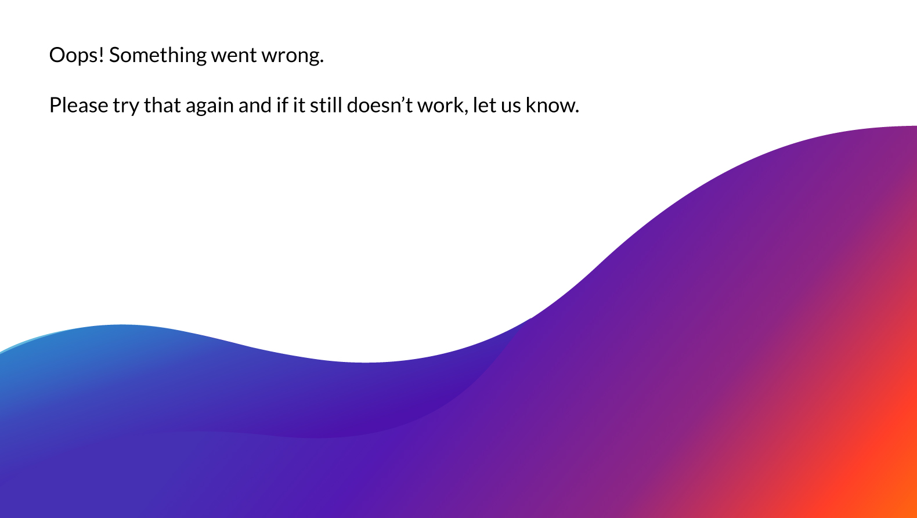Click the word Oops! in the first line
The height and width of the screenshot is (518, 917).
(x=76, y=55)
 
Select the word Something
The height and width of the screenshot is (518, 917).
(x=158, y=55)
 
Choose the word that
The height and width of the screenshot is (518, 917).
(x=162, y=106)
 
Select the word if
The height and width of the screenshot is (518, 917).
(x=282, y=106)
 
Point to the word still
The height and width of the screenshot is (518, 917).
(x=326, y=106)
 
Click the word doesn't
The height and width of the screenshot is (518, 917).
(x=380, y=106)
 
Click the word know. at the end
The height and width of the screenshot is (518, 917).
(x=551, y=106)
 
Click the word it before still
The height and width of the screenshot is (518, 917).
(x=298, y=106)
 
